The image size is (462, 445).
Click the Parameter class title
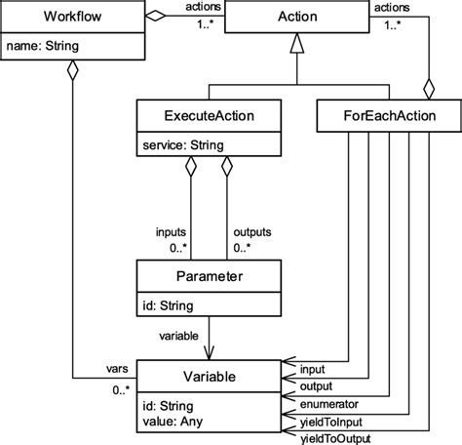click(x=204, y=276)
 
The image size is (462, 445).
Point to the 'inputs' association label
click(x=173, y=233)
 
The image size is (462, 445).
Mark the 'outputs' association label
click(x=251, y=233)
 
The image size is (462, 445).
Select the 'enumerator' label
click(x=329, y=402)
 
